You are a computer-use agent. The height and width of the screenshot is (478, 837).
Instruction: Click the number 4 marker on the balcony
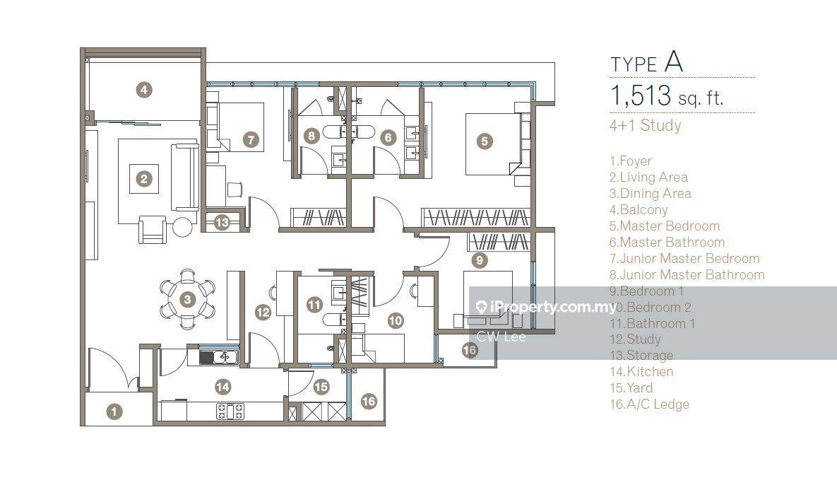point(143,89)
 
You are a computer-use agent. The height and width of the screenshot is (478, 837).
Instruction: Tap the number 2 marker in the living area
point(143,179)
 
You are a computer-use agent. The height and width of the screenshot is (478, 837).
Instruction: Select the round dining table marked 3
point(187,299)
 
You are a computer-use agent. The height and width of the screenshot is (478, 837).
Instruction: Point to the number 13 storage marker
point(222,222)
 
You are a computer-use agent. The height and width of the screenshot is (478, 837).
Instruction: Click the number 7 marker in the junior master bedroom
point(250,140)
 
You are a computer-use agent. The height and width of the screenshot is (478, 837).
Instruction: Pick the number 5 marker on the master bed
point(484,141)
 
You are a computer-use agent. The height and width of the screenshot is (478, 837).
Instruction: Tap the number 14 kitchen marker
point(222,386)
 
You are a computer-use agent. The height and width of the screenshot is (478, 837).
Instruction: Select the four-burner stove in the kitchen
point(230,411)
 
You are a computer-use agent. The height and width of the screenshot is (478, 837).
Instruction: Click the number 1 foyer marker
point(114,411)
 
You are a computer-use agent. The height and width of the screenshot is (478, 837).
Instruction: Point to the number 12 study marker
point(263,313)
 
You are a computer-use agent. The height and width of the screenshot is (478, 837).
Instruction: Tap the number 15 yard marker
point(321,387)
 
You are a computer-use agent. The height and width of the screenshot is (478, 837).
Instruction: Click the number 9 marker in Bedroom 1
point(480,260)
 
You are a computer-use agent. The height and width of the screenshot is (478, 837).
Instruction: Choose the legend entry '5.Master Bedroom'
point(665,226)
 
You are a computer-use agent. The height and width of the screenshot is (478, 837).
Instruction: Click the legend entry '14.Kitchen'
point(641,372)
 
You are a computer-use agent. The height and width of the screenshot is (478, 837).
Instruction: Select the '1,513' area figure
point(641,95)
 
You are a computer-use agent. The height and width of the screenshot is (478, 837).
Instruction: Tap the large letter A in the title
point(674,62)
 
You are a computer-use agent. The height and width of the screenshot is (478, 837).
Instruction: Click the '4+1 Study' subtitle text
point(646,126)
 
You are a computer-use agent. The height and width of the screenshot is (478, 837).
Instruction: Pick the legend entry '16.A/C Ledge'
point(649,404)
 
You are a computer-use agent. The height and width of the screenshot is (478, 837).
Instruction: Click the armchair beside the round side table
point(152,229)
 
